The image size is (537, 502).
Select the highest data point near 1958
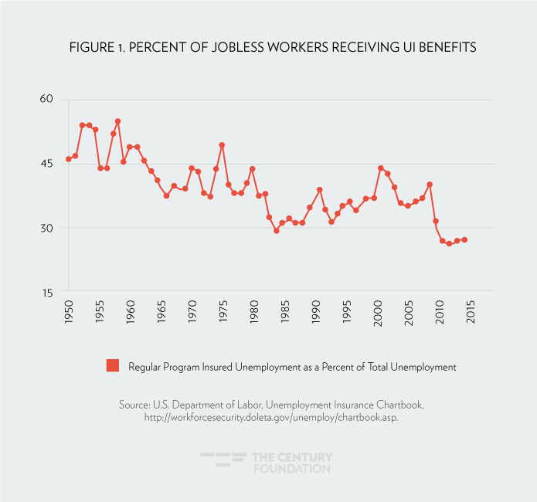(x=117, y=121)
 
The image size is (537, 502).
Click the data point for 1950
(x=69, y=159)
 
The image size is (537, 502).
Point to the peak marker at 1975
(x=222, y=145)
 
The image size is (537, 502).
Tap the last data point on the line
(x=464, y=239)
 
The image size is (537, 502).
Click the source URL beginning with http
(x=267, y=417)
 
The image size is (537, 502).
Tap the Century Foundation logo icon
(x=223, y=462)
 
